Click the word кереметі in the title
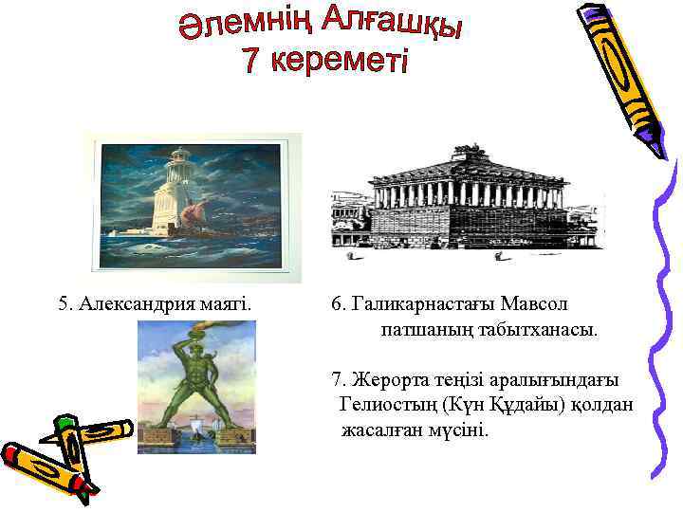point(339,63)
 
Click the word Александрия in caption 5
point(139,304)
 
